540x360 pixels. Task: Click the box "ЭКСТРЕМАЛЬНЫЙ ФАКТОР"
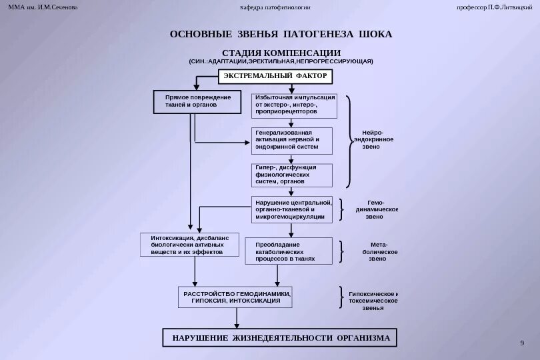click(275, 76)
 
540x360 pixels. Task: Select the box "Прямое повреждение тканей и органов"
click(198, 101)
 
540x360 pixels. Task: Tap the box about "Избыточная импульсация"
click(293, 105)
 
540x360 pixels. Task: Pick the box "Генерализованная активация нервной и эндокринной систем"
click(291, 139)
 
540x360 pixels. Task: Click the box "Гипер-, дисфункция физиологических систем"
click(291, 175)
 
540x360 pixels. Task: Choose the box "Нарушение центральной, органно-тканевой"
click(291, 209)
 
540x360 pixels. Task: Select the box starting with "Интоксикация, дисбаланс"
click(190, 245)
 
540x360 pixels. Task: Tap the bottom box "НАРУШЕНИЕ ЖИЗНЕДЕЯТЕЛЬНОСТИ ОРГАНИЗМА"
click(281, 338)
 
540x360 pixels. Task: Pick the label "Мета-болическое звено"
click(378, 251)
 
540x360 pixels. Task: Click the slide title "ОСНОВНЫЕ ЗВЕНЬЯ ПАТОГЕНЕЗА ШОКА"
click(281, 33)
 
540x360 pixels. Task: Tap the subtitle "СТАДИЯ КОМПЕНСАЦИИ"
click(281, 53)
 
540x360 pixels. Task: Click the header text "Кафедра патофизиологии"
click(275, 7)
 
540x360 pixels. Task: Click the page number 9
click(521, 343)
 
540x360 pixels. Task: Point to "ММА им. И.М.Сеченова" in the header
click(43, 7)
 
